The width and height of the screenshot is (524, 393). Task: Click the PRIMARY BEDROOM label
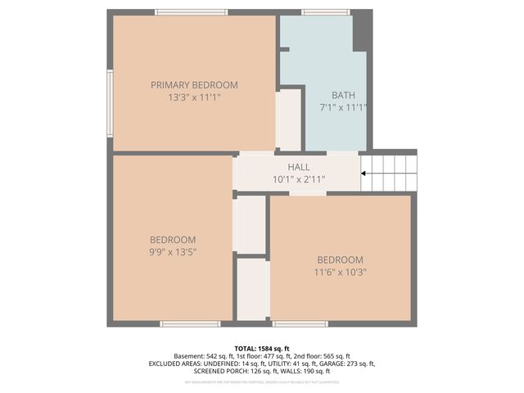pyautogui.click(x=194, y=84)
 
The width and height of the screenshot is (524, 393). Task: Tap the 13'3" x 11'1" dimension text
pyautogui.click(x=194, y=97)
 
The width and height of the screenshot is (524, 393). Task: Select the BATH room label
pyautogui.click(x=343, y=95)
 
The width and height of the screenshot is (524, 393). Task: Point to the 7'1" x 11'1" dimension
pyautogui.click(x=343, y=107)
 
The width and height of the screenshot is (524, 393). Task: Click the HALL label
pyautogui.click(x=298, y=167)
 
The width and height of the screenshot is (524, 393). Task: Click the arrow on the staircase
pyautogui.click(x=365, y=173)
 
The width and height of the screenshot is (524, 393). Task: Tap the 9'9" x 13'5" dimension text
pyautogui.click(x=173, y=251)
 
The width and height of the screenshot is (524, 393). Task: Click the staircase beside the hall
pyautogui.click(x=390, y=173)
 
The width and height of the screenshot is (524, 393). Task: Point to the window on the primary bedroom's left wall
pyautogui.click(x=110, y=103)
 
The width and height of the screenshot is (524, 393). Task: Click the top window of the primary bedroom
pyautogui.click(x=192, y=12)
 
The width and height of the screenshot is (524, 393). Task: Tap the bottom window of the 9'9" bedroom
pyautogui.click(x=190, y=324)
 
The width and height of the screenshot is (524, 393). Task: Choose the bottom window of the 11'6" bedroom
pyautogui.click(x=300, y=324)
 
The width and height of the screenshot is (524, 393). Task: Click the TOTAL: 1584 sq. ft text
pyautogui.click(x=262, y=348)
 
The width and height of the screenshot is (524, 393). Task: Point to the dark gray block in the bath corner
pyautogui.click(x=362, y=31)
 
